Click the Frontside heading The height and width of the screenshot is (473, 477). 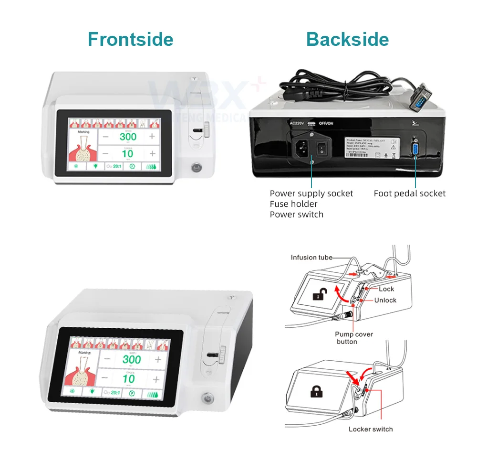(x=130, y=39)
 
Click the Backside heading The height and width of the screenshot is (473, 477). (x=347, y=39)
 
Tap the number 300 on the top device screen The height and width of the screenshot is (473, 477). (x=127, y=137)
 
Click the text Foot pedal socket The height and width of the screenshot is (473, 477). (x=409, y=193)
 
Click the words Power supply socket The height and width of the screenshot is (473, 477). (x=311, y=193)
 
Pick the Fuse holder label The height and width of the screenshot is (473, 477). (x=293, y=204)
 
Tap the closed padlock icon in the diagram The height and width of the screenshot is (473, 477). (x=315, y=392)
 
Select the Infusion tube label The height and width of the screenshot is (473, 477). (x=311, y=258)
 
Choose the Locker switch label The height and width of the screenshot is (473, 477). (x=371, y=429)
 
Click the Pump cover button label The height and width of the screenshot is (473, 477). (x=353, y=338)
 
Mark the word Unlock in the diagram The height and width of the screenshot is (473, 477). (x=385, y=300)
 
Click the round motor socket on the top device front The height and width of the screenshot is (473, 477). (x=195, y=168)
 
